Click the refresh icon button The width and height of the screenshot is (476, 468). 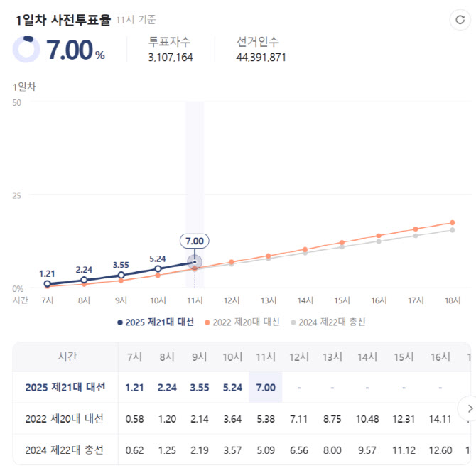[460, 20]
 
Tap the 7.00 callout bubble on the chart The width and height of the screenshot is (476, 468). [194, 241]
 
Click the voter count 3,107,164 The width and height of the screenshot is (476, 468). [171, 57]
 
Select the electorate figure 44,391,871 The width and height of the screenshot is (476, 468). [261, 57]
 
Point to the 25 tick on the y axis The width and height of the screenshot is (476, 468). [17, 196]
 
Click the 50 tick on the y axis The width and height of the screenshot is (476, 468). [17, 103]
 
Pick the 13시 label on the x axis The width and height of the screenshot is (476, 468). [269, 300]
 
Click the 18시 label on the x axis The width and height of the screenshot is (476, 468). [453, 300]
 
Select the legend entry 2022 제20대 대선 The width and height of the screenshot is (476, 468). [242, 322]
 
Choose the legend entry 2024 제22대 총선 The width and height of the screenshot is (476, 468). [328, 322]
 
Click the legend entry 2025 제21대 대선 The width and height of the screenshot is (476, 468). [156, 322]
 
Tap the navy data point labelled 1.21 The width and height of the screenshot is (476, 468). [47, 284]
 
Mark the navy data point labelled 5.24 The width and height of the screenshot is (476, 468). [158, 268]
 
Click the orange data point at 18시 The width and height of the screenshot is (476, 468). [453, 222]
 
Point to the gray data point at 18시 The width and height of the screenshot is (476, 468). [453, 230]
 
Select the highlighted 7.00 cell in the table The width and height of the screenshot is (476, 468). [266, 387]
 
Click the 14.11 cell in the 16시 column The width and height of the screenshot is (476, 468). [440, 419]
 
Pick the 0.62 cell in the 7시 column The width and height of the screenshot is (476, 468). [134, 450]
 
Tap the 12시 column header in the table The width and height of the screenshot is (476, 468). [299, 357]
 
